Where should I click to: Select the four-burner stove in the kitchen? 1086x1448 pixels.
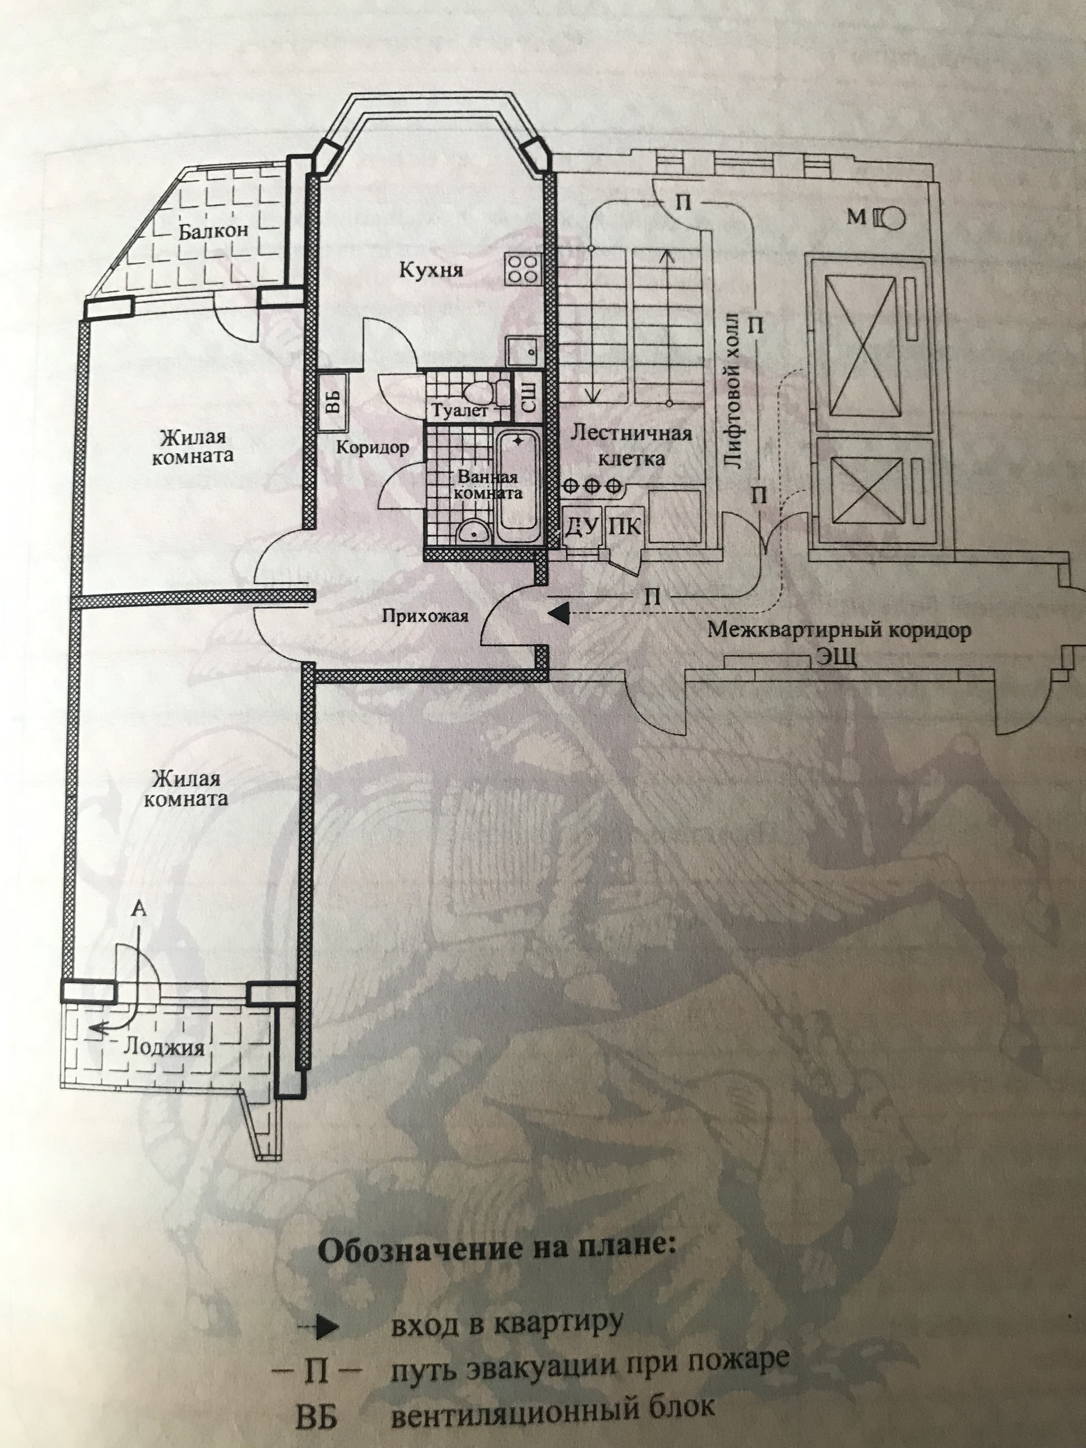coord(524,269)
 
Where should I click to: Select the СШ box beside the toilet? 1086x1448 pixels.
coord(528,397)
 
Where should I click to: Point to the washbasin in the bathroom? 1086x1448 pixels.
coord(471,532)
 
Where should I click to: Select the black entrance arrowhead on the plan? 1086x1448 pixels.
coord(557,613)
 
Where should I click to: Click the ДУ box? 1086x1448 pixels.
coord(582,526)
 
